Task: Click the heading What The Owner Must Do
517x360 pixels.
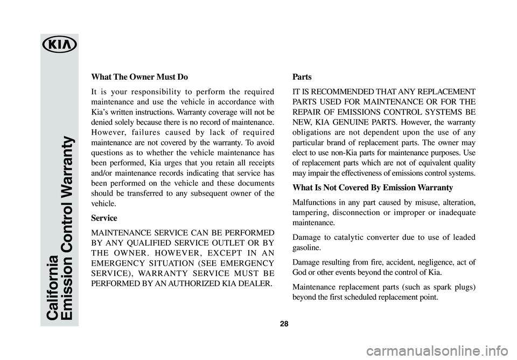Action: [139, 76]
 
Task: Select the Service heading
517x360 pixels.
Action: [104, 218]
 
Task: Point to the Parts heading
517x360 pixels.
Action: [302, 77]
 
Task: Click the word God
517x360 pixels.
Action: [299, 272]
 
